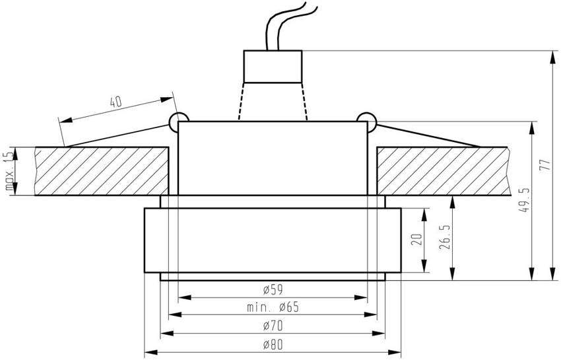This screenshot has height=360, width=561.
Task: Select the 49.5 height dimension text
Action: click(524, 200)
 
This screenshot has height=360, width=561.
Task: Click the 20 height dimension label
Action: click(416, 239)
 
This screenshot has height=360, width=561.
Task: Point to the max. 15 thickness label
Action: click(9, 171)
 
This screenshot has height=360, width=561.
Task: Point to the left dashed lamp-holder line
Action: click(240, 100)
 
